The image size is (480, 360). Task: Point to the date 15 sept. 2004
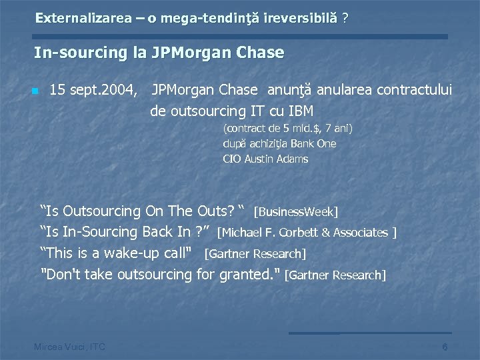[94, 89]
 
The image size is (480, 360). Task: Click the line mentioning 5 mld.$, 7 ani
[287, 128]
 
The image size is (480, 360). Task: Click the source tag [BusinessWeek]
[296, 213]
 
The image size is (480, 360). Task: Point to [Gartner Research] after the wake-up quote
[255, 254]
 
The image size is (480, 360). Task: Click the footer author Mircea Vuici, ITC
[69, 346]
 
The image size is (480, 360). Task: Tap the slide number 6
[445, 346]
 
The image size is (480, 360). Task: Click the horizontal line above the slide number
[370, 333]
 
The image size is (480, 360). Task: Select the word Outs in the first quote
[213, 212]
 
